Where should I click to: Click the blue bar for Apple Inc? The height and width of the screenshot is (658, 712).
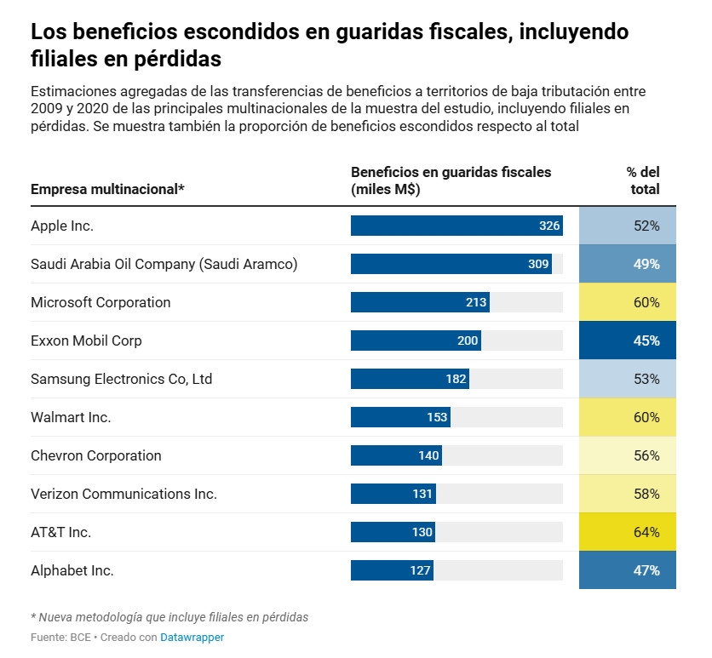point(456,226)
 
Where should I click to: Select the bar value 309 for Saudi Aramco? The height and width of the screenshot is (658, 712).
point(538,264)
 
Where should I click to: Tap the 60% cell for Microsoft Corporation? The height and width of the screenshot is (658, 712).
point(628,302)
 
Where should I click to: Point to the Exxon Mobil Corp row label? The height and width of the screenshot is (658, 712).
point(86,340)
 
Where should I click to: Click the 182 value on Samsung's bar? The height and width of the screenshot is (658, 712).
point(456,379)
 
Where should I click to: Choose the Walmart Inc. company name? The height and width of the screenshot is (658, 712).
point(71,417)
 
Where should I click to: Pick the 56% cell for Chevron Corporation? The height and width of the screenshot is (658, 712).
point(628,455)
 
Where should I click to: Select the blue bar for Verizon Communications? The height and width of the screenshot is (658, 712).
point(393,494)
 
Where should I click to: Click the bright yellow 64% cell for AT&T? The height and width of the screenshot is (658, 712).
point(628,532)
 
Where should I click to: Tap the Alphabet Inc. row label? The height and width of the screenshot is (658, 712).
point(72,570)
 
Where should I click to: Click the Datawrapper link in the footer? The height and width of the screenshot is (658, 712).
point(193,637)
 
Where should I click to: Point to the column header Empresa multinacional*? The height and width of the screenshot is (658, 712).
point(107,189)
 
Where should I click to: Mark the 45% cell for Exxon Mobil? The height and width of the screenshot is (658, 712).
point(628,340)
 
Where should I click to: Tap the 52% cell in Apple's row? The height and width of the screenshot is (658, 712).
point(628,226)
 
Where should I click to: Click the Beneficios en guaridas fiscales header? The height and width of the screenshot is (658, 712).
point(451,180)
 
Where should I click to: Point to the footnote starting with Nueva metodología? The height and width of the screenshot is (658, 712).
point(169,617)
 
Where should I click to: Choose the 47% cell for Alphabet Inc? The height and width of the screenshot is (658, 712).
point(628,570)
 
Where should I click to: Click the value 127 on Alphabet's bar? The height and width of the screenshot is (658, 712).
point(420,570)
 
